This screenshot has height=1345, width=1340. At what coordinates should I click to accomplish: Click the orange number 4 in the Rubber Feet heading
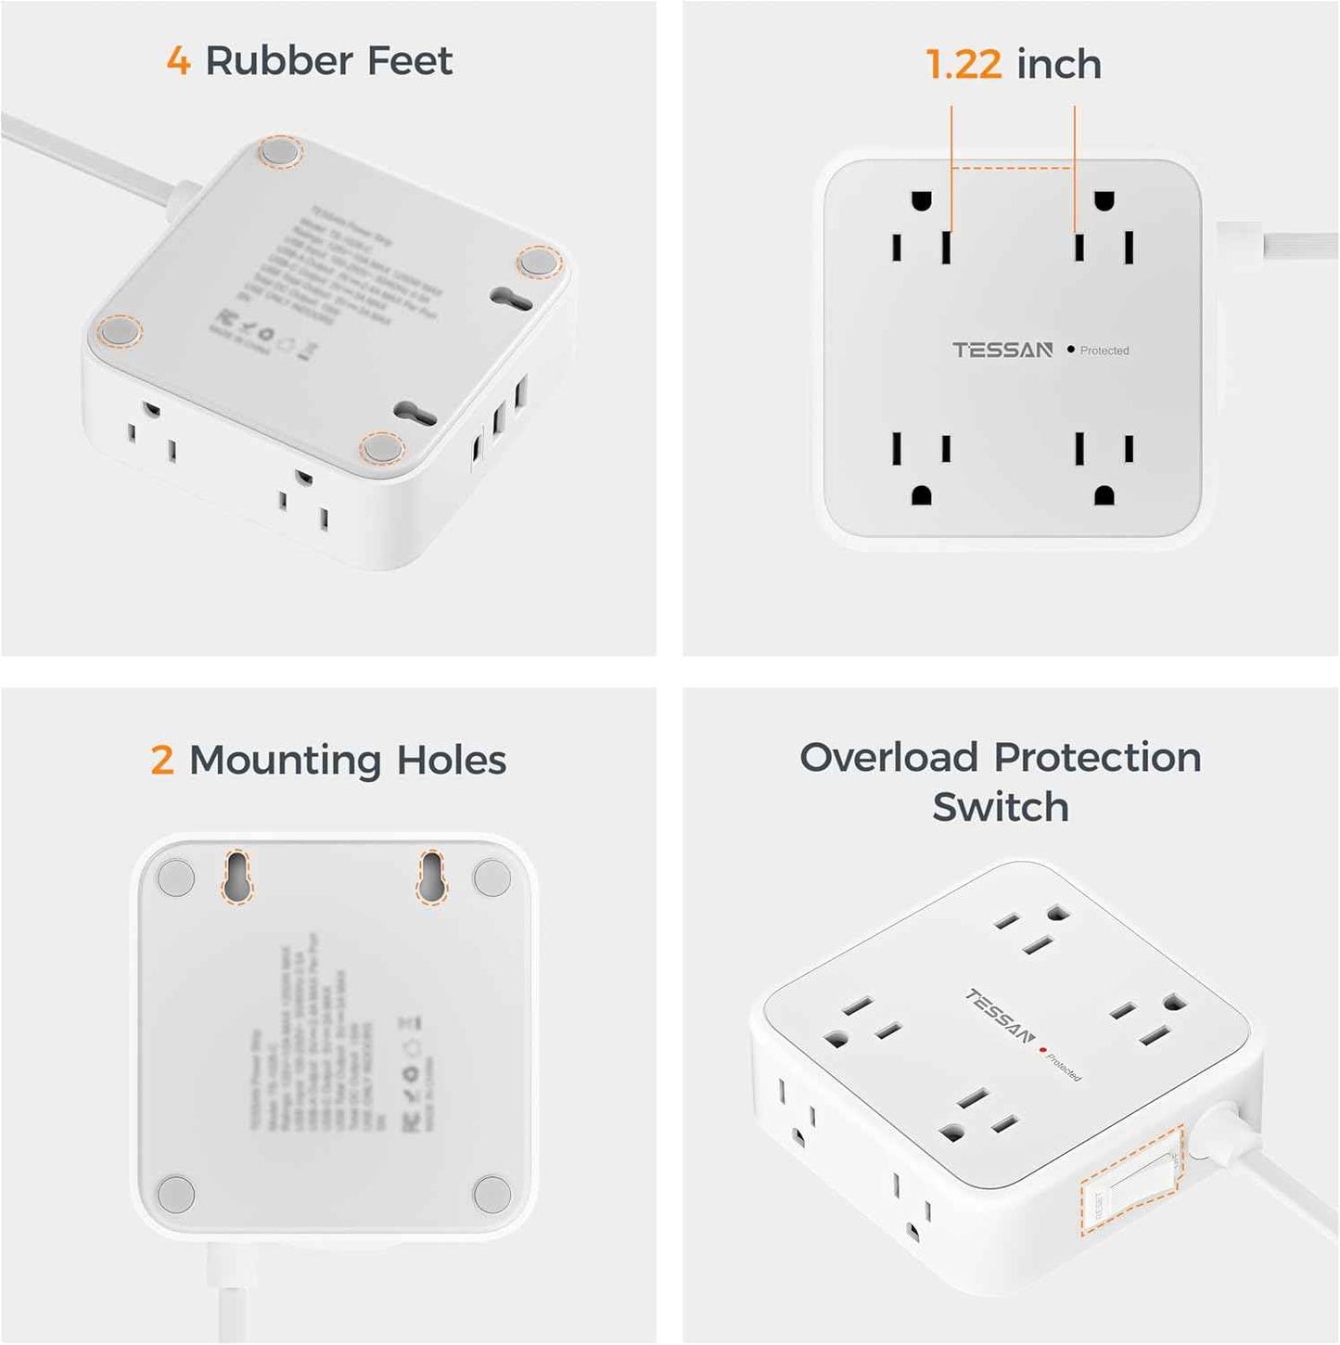click(x=178, y=61)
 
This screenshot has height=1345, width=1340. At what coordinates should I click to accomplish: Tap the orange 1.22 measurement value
click(x=964, y=65)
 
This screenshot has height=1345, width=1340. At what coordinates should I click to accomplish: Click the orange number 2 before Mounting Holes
click(x=162, y=761)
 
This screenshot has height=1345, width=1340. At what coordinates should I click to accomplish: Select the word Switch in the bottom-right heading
click(x=1000, y=807)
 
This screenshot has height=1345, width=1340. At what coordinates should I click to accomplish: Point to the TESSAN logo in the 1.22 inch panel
click(x=1002, y=350)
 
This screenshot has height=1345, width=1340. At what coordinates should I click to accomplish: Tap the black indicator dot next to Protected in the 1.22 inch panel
click(x=1071, y=350)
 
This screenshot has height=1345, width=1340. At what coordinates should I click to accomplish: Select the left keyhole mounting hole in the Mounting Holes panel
click(x=237, y=875)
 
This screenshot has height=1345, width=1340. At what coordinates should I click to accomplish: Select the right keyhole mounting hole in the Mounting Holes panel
click(x=431, y=875)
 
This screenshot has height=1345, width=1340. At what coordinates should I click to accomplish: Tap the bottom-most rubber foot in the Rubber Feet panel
click(x=382, y=449)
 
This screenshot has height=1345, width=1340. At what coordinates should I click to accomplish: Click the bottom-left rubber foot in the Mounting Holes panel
click(x=176, y=1193)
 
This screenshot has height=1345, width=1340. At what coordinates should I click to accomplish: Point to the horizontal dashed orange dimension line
click(x=1013, y=169)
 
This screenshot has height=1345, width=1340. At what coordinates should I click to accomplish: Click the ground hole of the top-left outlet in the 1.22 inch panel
click(x=921, y=201)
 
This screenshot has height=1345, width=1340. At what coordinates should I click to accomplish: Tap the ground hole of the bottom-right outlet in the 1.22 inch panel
click(x=1104, y=494)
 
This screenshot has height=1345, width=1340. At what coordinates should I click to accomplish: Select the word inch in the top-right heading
click(x=1059, y=65)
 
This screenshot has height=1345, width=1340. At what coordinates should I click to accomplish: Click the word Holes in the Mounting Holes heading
click(x=451, y=761)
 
